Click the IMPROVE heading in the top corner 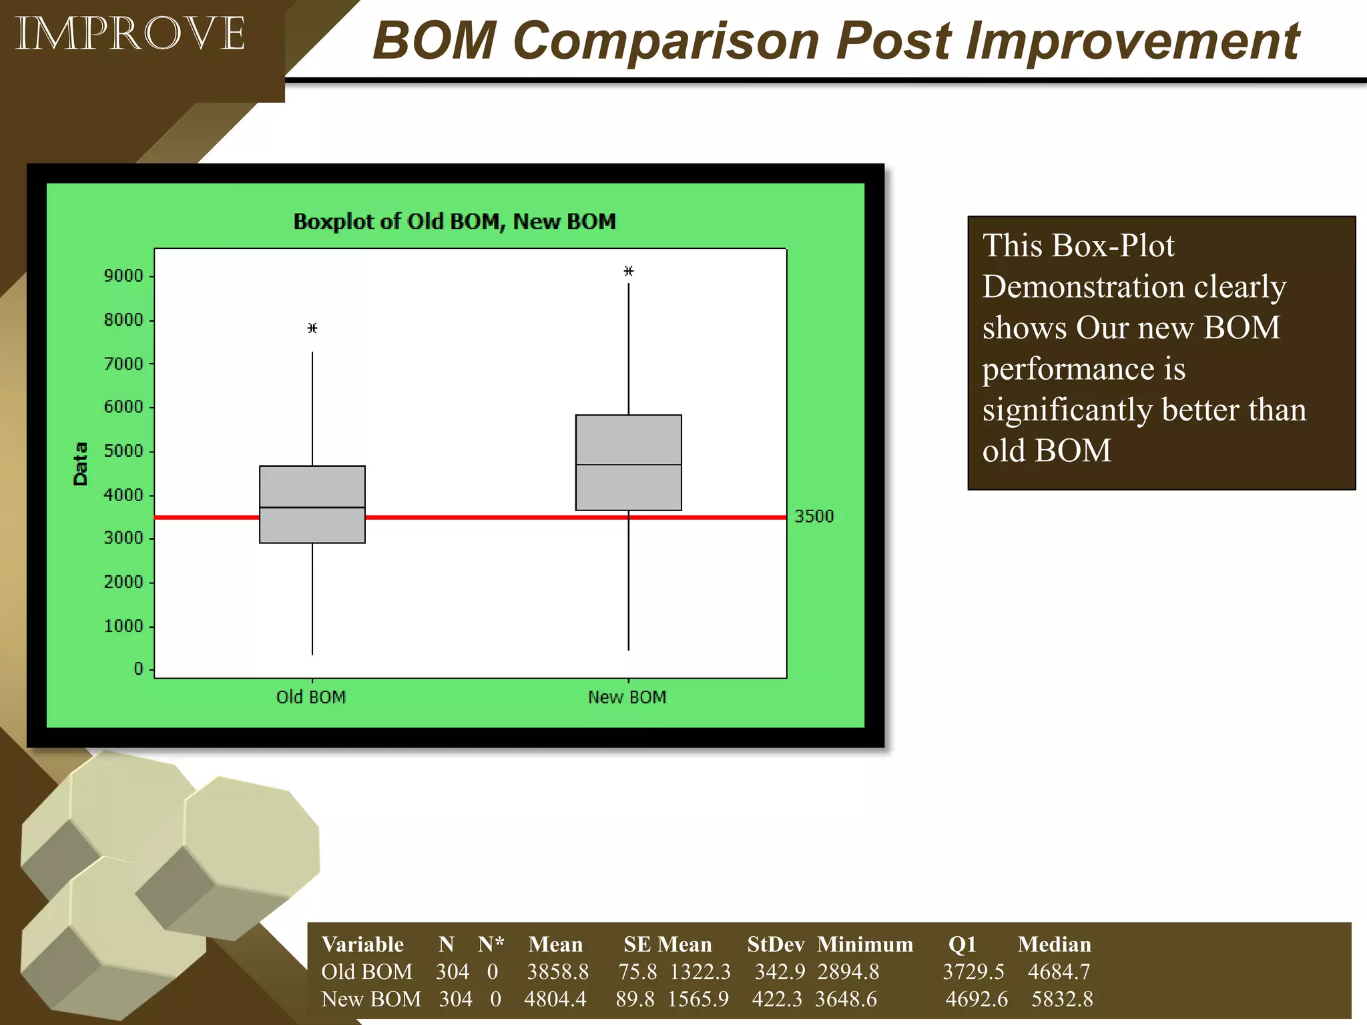pyautogui.click(x=130, y=34)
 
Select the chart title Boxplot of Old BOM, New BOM pyautogui.click(x=455, y=222)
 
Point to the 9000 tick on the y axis pyautogui.click(x=123, y=276)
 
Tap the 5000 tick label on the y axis pyautogui.click(x=123, y=451)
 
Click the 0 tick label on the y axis pyautogui.click(x=138, y=669)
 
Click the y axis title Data pyautogui.click(x=81, y=464)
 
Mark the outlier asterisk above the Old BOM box pyautogui.click(x=312, y=328)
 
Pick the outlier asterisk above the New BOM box pyautogui.click(x=629, y=272)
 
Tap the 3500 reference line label pyautogui.click(x=814, y=517)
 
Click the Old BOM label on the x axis pyautogui.click(x=311, y=697)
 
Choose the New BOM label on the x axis pyautogui.click(x=627, y=697)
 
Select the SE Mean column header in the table pyautogui.click(x=667, y=945)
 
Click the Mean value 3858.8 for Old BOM pyautogui.click(x=557, y=972)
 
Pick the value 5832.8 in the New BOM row pyautogui.click(x=1062, y=1000)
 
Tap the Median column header pyautogui.click(x=1054, y=945)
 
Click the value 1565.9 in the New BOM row pyautogui.click(x=698, y=1000)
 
